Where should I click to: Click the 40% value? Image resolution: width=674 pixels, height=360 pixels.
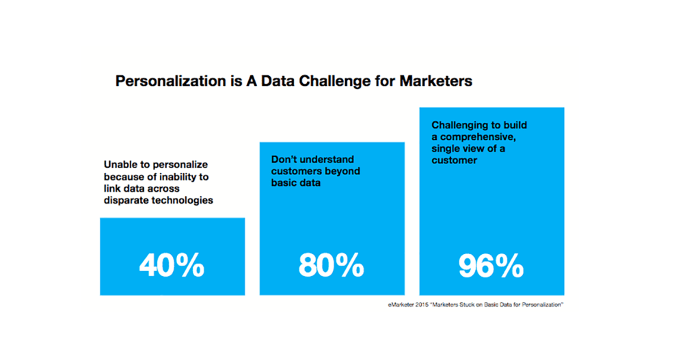[172, 266]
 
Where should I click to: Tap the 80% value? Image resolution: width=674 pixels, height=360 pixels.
[331, 266]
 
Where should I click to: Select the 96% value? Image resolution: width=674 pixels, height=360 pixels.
[491, 266]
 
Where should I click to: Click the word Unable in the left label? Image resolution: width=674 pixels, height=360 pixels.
[122, 165]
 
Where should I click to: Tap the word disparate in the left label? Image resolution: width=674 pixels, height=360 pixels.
[128, 200]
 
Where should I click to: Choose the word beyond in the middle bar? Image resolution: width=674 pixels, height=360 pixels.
[342, 171]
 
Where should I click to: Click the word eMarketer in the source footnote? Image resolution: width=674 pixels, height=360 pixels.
[401, 305]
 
